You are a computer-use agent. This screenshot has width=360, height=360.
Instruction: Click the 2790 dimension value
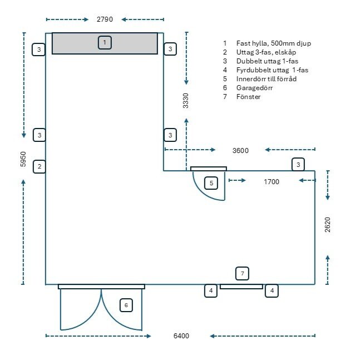click(x=105, y=19)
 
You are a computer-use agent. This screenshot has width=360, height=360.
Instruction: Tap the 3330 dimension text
click(x=186, y=101)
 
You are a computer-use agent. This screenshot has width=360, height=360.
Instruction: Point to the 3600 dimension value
click(x=240, y=150)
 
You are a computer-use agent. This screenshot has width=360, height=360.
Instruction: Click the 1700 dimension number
click(x=272, y=181)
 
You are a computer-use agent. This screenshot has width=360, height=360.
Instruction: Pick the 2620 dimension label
click(x=327, y=224)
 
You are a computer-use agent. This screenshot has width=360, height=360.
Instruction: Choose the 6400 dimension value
click(x=181, y=336)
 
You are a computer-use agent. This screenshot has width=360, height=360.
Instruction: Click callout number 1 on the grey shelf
click(x=104, y=42)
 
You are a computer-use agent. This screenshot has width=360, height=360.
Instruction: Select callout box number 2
click(x=39, y=166)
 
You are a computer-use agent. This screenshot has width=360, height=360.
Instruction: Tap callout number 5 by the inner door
click(x=211, y=183)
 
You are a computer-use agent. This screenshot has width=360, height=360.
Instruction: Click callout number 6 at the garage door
click(x=126, y=305)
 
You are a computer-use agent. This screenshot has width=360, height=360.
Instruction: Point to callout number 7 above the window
click(x=241, y=273)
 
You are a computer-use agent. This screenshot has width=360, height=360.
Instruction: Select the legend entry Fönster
click(x=249, y=97)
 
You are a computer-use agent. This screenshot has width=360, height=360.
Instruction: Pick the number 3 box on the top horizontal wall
click(x=299, y=165)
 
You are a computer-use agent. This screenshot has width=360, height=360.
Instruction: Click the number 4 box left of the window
click(x=210, y=290)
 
